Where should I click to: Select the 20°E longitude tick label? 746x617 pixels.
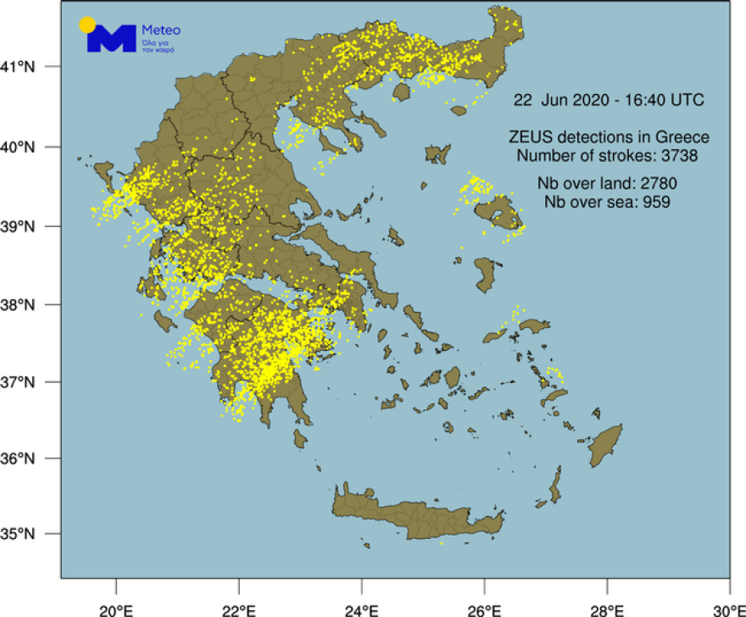[x=116, y=608]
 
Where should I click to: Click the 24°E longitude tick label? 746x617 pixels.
[x=362, y=608]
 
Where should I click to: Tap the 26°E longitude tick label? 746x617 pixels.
[x=484, y=608]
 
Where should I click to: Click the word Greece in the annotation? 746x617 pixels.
[x=688, y=137]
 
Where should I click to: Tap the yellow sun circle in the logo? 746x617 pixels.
[x=86, y=25]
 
